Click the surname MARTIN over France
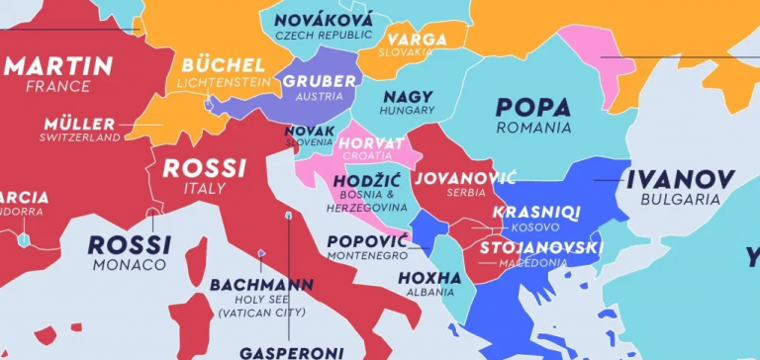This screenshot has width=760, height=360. point(59,67)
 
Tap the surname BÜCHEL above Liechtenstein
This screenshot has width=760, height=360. point(223,65)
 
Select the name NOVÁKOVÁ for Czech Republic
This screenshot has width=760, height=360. point(324,20)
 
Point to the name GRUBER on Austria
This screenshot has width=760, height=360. point(319,81)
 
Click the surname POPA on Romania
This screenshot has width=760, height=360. point(534,107)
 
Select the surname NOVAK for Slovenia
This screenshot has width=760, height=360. point(309,131)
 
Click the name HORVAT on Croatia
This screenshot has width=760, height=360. point(370,144)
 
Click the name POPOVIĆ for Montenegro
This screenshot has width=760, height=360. point(366,241)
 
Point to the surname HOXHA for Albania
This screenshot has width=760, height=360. point(429,277)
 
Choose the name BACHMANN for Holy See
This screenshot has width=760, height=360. point(261,285)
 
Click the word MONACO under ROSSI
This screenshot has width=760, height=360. point(129,265)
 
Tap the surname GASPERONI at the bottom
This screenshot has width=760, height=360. point(291,351)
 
